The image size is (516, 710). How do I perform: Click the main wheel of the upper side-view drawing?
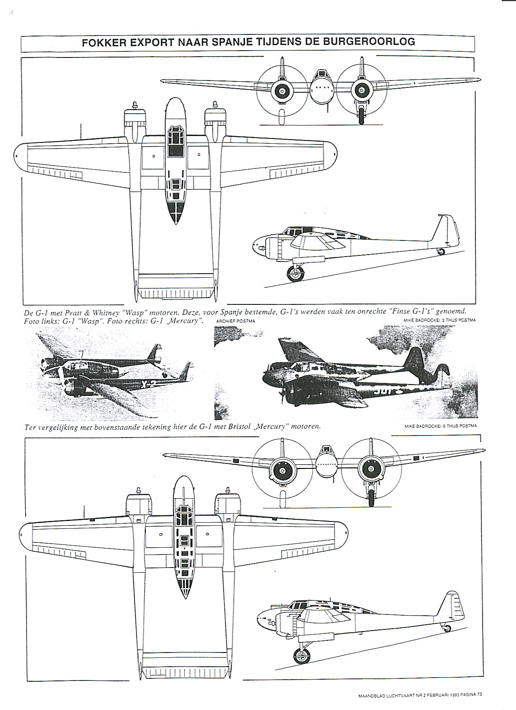tap(295, 274)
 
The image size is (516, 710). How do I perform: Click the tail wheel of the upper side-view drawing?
tap(441, 251)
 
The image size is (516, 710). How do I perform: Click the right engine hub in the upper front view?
tap(361, 90)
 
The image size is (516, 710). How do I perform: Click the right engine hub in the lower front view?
tap(370, 469)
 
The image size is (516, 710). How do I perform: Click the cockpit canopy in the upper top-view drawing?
tap(175, 140)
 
